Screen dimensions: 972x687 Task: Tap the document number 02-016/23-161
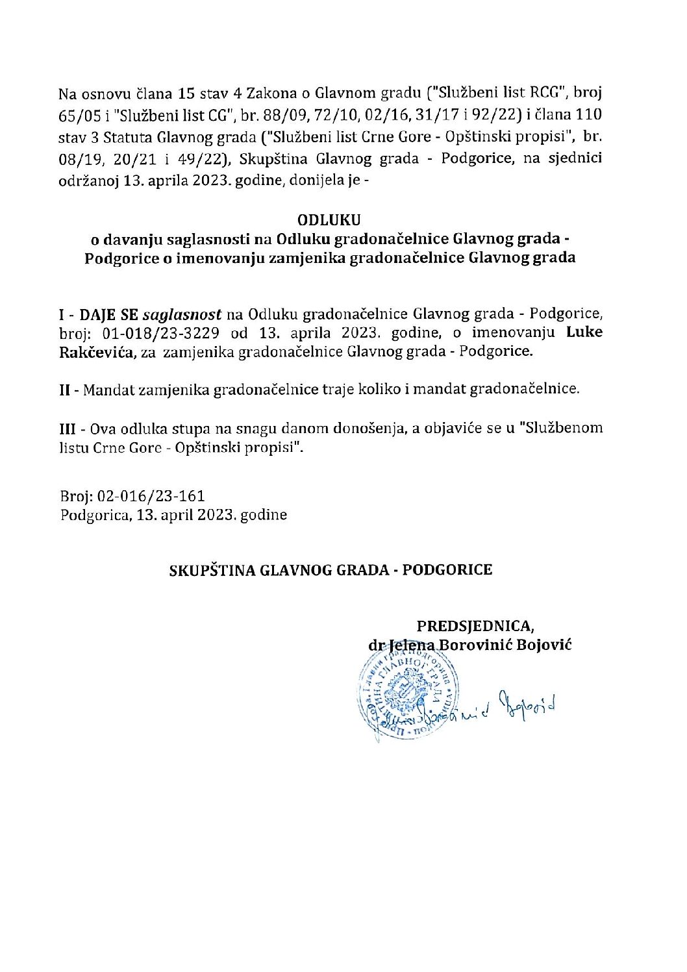pos(151,496)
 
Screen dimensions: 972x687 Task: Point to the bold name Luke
pos(584,332)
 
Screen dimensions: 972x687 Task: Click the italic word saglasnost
pos(182,315)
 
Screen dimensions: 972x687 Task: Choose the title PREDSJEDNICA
pos(475,626)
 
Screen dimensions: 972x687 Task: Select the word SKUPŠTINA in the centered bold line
pos(212,570)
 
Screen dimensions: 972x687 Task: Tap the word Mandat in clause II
pos(105,390)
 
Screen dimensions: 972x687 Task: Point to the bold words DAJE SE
pos(108,315)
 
